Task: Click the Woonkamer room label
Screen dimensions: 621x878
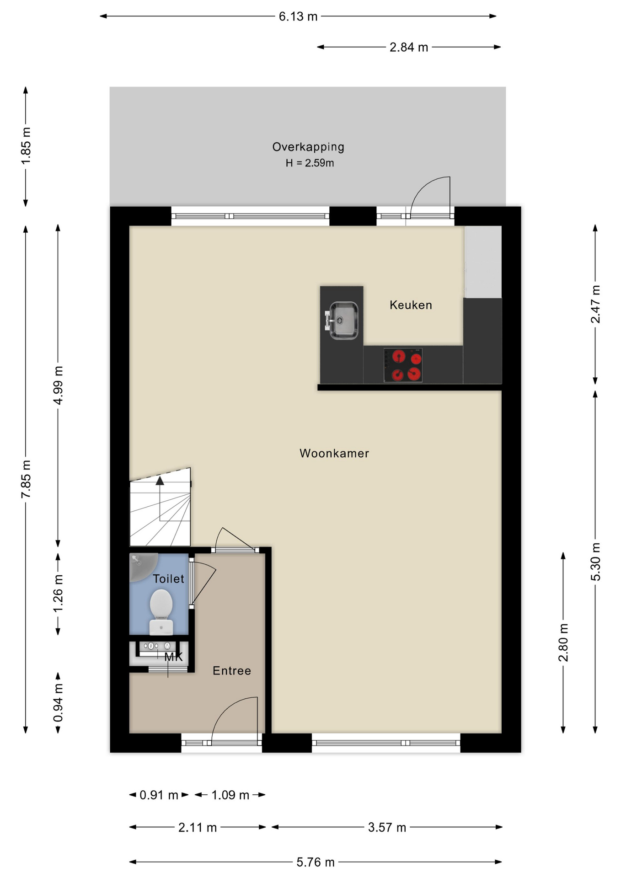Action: [x=334, y=453]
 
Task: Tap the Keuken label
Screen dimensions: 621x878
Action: [x=411, y=305]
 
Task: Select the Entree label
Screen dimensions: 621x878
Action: [x=232, y=671]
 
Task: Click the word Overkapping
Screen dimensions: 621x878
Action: [x=308, y=147]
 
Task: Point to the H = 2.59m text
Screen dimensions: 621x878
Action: [x=310, y=163]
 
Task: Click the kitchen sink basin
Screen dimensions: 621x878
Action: [x=344, y=321]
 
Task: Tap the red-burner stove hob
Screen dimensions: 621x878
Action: [x=403, y=365]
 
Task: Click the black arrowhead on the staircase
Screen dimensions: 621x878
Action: [x=160, y=481]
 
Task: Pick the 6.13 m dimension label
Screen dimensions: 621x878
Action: [x=298, y=16]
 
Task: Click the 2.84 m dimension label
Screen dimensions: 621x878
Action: [x=409, y=47]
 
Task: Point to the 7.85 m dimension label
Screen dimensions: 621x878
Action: [x=26, y=479]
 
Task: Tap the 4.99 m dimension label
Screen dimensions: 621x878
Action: [x=58, y=385]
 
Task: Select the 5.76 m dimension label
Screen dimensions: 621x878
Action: [x=316, y=862]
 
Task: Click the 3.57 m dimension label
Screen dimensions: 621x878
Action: [x=387, y=827]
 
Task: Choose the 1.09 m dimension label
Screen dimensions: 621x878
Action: [x=230, y=795]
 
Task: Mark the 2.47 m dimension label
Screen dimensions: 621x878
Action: [x=595, y=304]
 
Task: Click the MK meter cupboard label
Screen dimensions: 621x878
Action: [x=173, y=657]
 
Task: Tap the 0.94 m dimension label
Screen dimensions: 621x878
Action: [x=58, y=703]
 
